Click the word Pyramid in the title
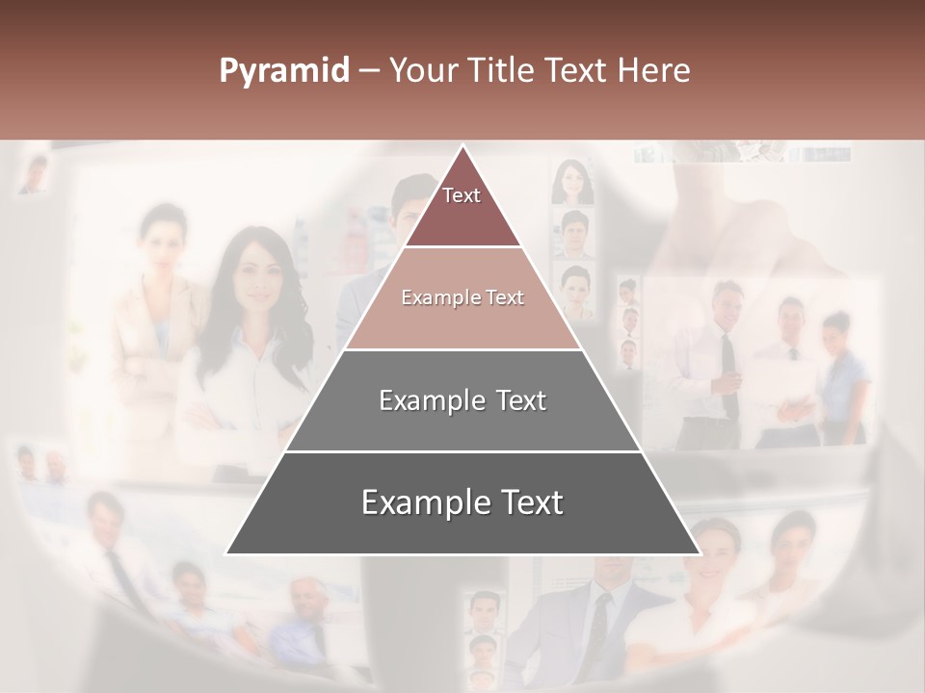coord(283,71)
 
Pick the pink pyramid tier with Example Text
coord(462,298)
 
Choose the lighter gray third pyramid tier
coord(462,400)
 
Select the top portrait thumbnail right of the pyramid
coord(571,182)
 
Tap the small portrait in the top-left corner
coord(35,174)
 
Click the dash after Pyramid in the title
coord(367,71)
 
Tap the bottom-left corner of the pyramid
coord(226,553)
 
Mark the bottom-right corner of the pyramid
coord(700,553)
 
